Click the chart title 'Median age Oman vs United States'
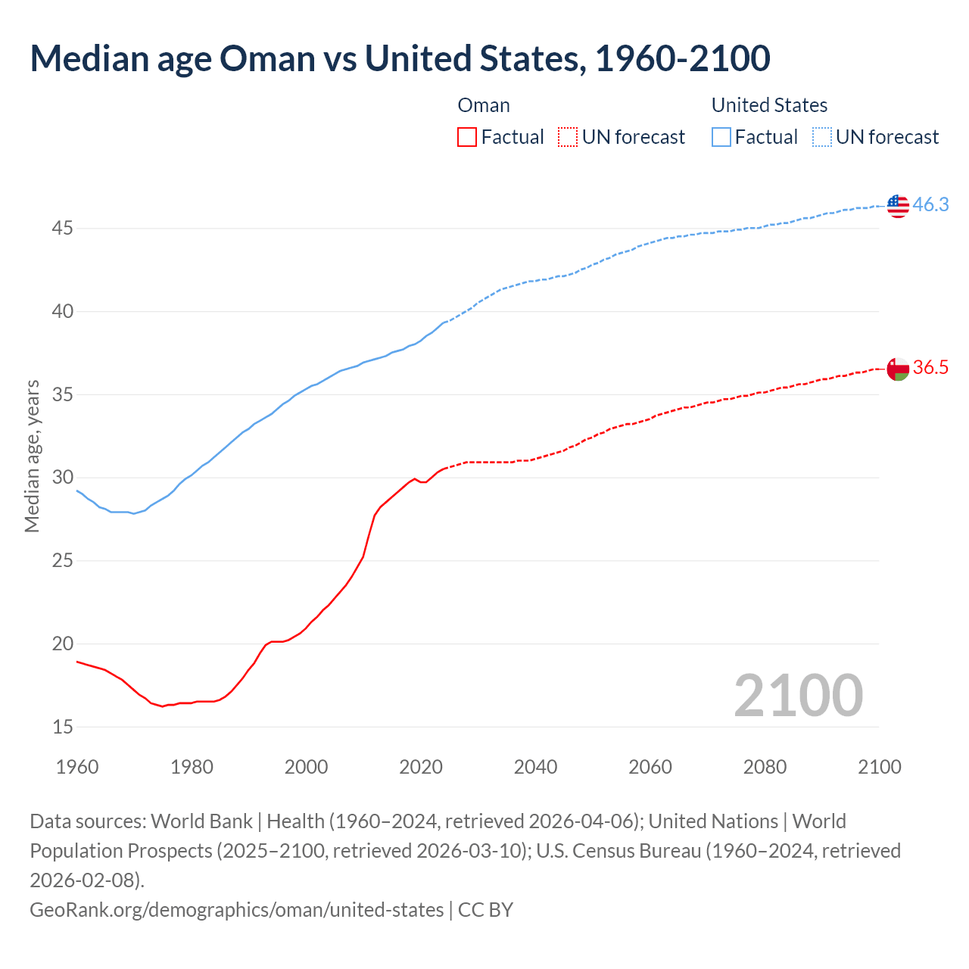[x=400, y=58]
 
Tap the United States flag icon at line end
[x=898, y=205]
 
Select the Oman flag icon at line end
[x=898, y=369]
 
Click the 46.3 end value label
[x=930, y=205]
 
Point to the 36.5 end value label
[x=930, y=368]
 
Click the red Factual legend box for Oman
[x=467, y=137]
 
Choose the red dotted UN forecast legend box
[x=568, y=137]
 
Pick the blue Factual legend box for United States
[x=721, y=137]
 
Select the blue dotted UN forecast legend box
[x=821, y=137]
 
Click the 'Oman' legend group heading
[x=484, y=105]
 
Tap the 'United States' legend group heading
[x=769, y=105]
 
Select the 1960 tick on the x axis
[x=77, y=767]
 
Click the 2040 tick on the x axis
[x=535, y=767]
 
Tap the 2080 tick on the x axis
[x=765, y=767]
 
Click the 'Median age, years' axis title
[x=32, y=456]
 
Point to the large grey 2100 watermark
[x=798, y=696]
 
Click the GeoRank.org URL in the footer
[x=236, y=909]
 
